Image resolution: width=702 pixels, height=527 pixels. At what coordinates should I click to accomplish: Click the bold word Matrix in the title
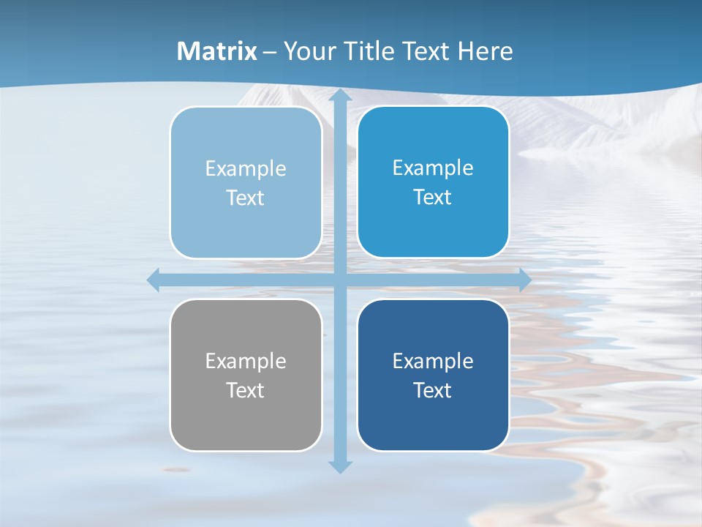(x=217, y=51)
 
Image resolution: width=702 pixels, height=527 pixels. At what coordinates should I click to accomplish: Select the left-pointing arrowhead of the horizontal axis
(x=154, y=280)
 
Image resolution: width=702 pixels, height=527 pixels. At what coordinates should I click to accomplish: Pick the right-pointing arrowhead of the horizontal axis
(x=524, y=280)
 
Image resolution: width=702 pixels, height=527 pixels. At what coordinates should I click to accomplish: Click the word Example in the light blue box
(x=246, y=169)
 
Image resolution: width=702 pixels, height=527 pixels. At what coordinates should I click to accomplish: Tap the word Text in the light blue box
(x=246, y=198)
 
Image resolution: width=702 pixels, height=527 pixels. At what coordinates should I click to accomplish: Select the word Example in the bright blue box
(x=433, y=168)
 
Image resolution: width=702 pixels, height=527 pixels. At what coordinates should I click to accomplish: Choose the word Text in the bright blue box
(x=433, y=198)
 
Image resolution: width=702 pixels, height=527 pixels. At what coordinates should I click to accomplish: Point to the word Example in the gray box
(x=246, y=362)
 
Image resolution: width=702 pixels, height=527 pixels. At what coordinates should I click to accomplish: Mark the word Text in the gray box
(x=246, y=391)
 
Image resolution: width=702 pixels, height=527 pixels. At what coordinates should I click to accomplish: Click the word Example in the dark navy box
(x=433, y=362)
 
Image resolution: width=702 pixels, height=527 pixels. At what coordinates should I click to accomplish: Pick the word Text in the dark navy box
(x=433, y=391)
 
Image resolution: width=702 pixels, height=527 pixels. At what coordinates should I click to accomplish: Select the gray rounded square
(x=246, y=425)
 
